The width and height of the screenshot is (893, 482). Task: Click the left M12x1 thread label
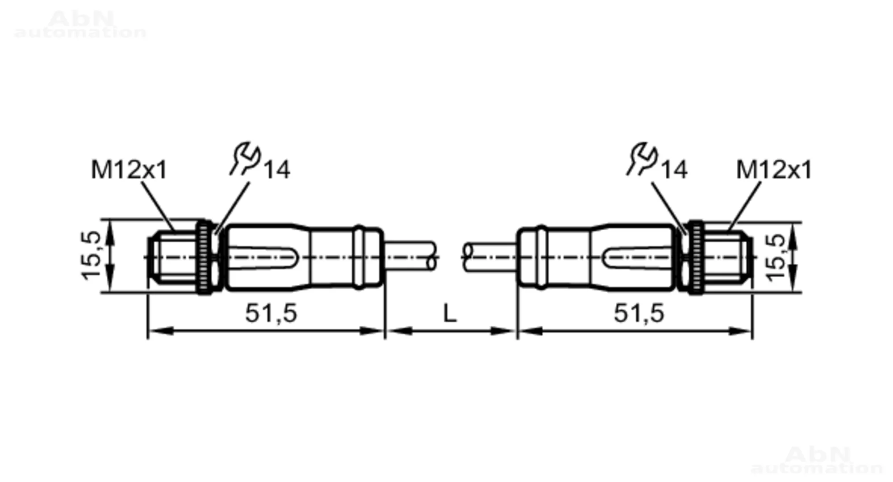tap(129, 170)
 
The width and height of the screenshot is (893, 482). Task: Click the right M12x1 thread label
tap(773, 170)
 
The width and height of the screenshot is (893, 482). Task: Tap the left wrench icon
tap(245, 158)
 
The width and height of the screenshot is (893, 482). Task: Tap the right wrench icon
tap(642, 158)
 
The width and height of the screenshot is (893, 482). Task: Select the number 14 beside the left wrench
tap(277, 170)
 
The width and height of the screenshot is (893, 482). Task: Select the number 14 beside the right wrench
tap(674, 170)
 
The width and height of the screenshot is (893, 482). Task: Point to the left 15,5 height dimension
tap(91, 256)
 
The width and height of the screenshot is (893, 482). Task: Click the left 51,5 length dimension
tap(271, 313)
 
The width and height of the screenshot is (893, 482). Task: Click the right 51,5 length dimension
tap(639, 313)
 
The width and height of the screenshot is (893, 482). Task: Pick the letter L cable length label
tap(450, 313)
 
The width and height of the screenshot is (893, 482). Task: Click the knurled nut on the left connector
tap(205, 257)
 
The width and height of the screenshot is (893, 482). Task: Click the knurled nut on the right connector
tap(696, 257)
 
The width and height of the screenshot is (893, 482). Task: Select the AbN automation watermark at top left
tap(80, 25)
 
